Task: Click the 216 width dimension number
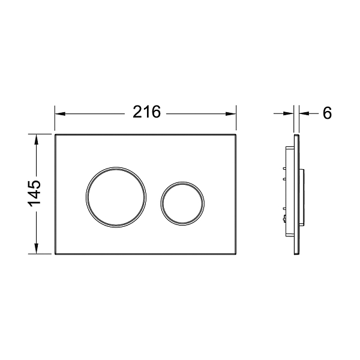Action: click(x=147, y=112)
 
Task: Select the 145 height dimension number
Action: click(x=34, y=193)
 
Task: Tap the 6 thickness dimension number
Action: click(x=327, y=113)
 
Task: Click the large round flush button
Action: click(x=116, y=197)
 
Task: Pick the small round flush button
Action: click(x=182, y=203)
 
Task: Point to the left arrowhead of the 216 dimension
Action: click(x=60, y=113)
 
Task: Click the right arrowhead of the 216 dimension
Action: click(x=231, y=113)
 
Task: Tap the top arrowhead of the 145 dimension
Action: click(x=36, y=140)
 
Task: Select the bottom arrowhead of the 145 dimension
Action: click(x=36, y=248)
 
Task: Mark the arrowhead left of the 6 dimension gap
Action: click(x=289, y=113)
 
